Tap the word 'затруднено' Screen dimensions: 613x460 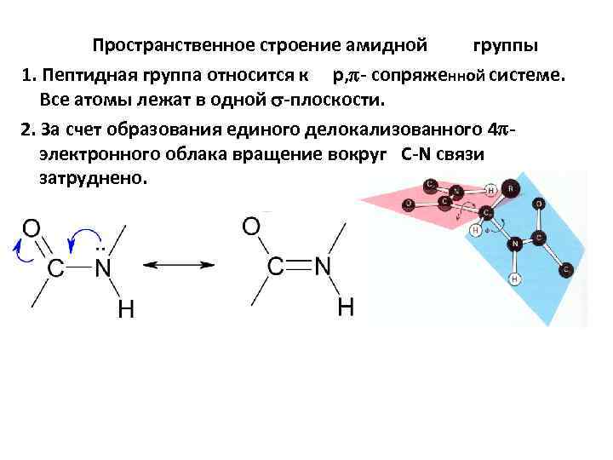coord(93,180)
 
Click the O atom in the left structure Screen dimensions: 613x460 coord(31,227)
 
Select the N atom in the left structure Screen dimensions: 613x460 coord(103,267)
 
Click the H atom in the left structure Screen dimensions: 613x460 coord(125,310)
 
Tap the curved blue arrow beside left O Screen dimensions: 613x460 coord(18,246)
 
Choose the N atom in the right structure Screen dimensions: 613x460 coord(323,266)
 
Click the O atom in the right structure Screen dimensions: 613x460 coord(251,226)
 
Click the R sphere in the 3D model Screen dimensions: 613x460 coord(510,188)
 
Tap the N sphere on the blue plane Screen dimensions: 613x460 coord(515,244)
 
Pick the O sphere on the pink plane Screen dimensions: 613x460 coord(410,204)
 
